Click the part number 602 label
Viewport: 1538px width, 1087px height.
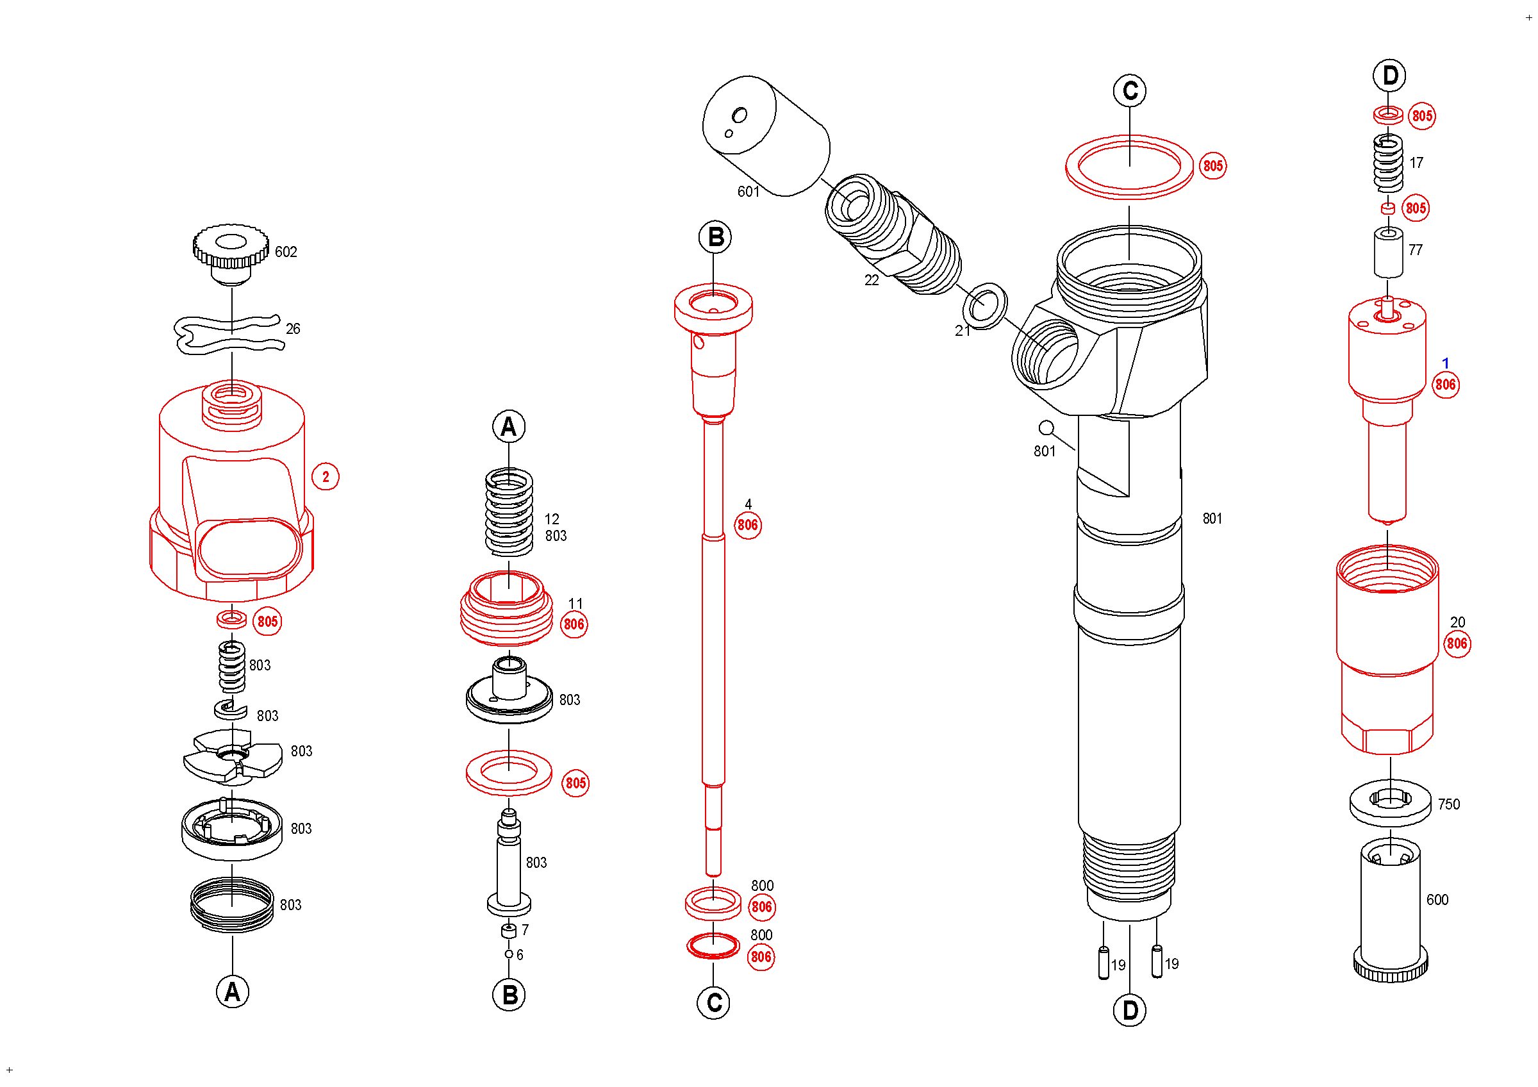coord(286,253)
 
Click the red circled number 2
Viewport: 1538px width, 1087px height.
coord(326,477)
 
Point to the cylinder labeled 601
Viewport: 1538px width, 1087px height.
coord(766,137)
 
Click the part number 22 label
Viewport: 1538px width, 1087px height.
coord(872,281)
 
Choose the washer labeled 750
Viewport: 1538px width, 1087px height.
coord(1391,804)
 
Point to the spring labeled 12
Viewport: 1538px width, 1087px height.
coord(509,513)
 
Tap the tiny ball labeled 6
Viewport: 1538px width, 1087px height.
coord(509,955)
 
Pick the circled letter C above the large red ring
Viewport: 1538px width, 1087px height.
coord(1130,91)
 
